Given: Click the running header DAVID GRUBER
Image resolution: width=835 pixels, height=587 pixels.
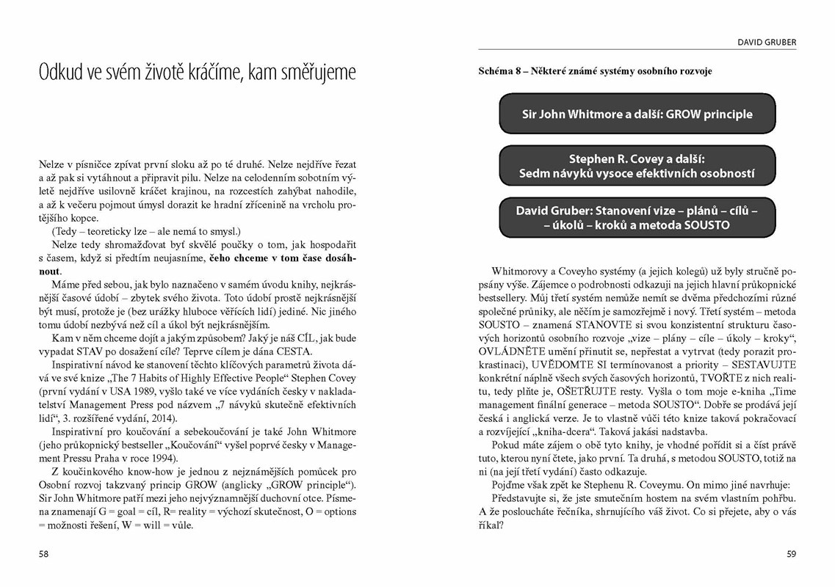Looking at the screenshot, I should [x=767, y=43].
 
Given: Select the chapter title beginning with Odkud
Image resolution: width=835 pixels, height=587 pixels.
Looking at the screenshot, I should [x=198, y=73].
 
